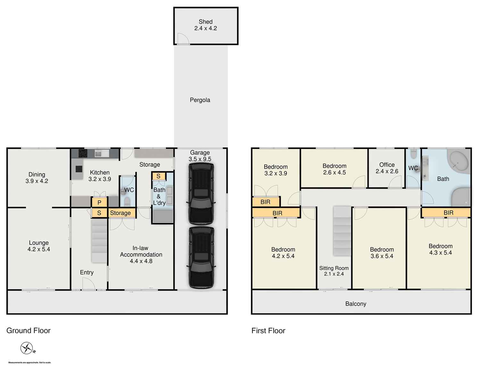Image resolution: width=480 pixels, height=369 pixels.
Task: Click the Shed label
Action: tap(205, 25)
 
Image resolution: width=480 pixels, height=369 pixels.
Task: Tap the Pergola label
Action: tap(200, 100)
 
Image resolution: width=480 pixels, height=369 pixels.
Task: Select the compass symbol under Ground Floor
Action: tap(27, 348)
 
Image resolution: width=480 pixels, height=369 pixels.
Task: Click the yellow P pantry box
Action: tap(99, 203)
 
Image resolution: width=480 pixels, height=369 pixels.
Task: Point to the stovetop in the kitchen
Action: tap(83, 153)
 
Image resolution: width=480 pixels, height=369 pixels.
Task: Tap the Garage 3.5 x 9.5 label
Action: tap(200, 156)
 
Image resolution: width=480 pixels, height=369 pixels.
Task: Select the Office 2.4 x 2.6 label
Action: tap(387, 168)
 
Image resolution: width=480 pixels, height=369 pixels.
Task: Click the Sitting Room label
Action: tap(334, 271)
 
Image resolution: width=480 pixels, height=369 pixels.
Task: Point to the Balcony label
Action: tap(356, 304)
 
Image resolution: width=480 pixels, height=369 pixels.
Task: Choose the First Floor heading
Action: tap(268, 331)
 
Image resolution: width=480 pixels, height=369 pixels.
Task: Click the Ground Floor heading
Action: tap(29, 331)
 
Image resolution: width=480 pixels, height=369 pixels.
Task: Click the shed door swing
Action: tap(183, 39)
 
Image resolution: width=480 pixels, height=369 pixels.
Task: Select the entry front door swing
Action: tap(88, 284)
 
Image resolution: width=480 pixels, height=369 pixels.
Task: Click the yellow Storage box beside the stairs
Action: tap(120, 213)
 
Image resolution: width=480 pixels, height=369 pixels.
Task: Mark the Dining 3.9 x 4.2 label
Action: tap(37, 178)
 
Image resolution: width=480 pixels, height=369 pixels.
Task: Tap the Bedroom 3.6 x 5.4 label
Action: tap(382, 253)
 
